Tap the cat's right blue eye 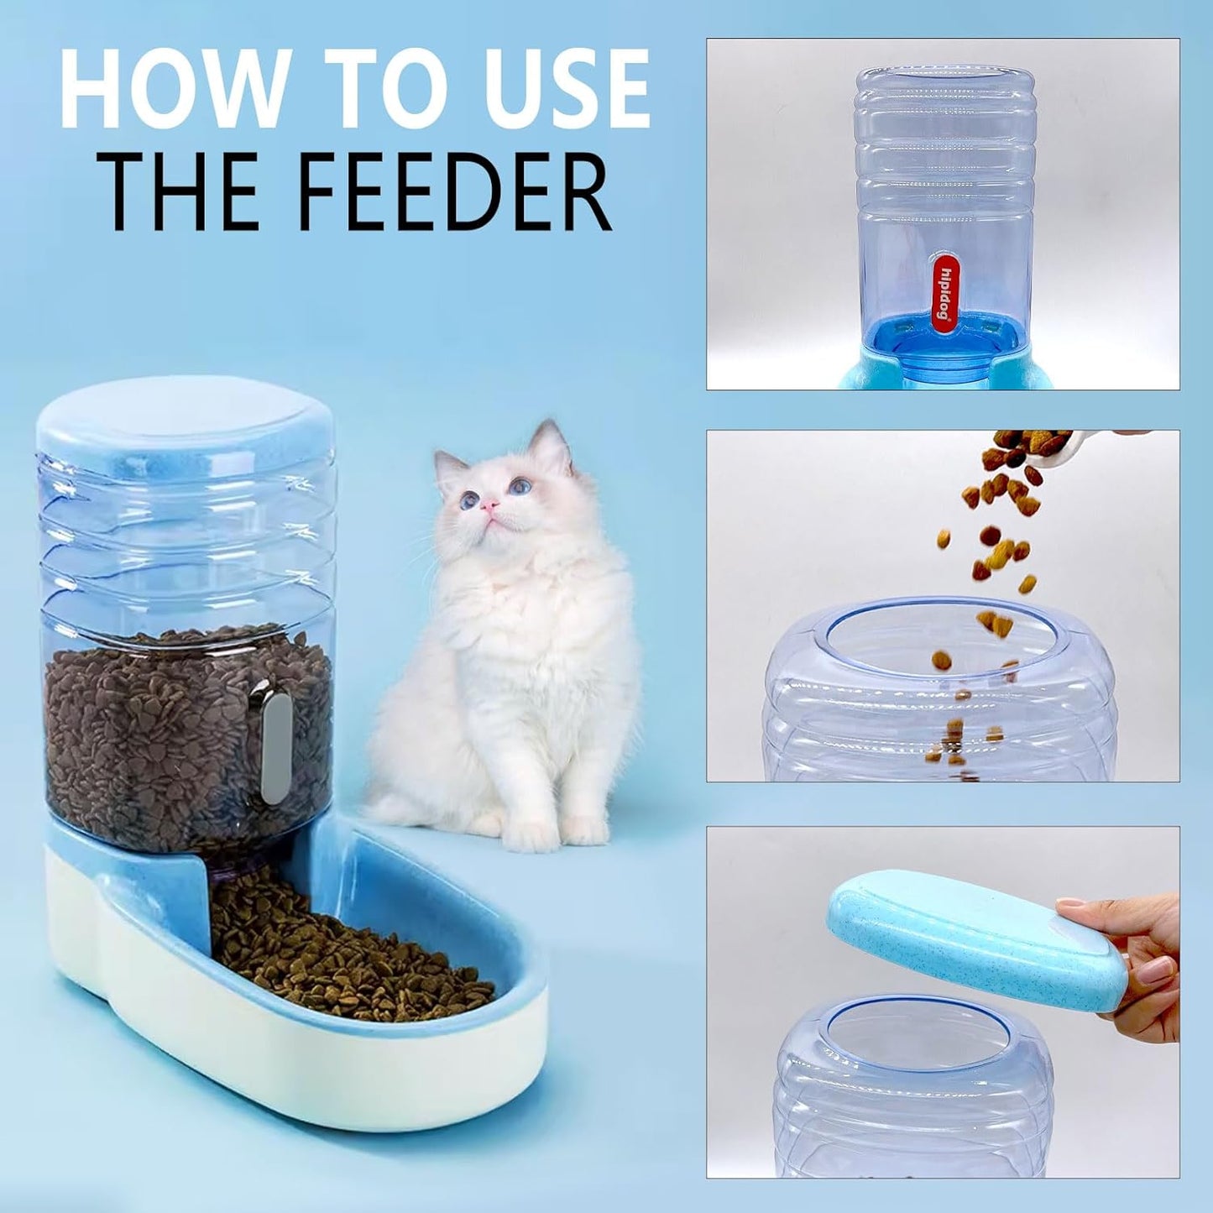(x=520, y=485)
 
